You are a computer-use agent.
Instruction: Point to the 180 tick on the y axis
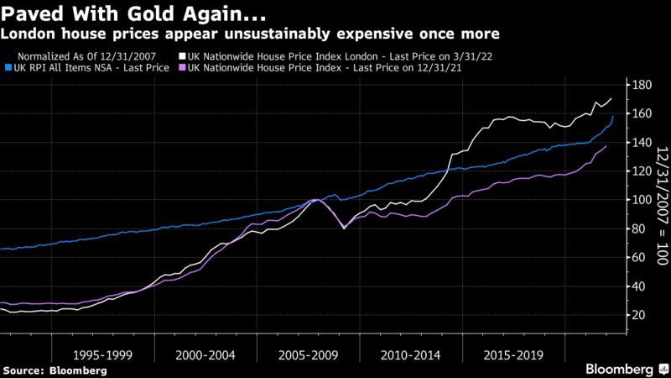(x=642, y=85)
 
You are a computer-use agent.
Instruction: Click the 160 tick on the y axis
(x=642, y=113)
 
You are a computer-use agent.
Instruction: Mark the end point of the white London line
(x=611, y=98)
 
